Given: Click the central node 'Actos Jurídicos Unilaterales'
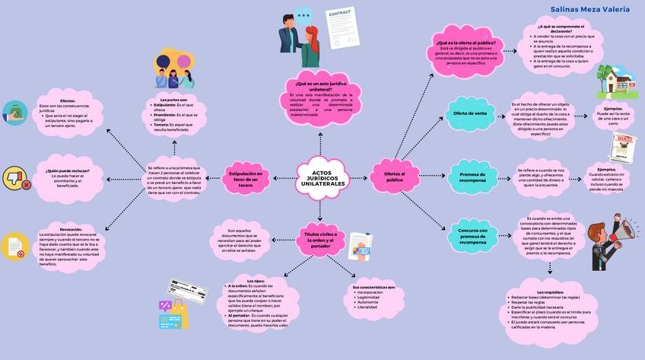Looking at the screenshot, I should [x=322, y=179].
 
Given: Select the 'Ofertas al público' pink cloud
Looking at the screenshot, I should [x=394, y=177].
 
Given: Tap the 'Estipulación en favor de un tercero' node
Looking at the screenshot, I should [x=245, y=180].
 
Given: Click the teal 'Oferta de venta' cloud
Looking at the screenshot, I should [x=469, y=113].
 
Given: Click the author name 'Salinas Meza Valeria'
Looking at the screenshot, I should [x=589, y=9].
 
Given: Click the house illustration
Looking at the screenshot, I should [x=619, y=82].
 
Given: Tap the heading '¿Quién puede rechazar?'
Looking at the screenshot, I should [x=68, y=170].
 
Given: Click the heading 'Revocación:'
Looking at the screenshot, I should [x=71, y=229].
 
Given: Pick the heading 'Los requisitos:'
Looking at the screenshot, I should [x=550, y=292].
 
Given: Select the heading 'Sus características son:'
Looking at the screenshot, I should [x=374, y=287].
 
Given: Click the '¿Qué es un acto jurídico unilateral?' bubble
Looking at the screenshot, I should [x=320, y=86].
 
